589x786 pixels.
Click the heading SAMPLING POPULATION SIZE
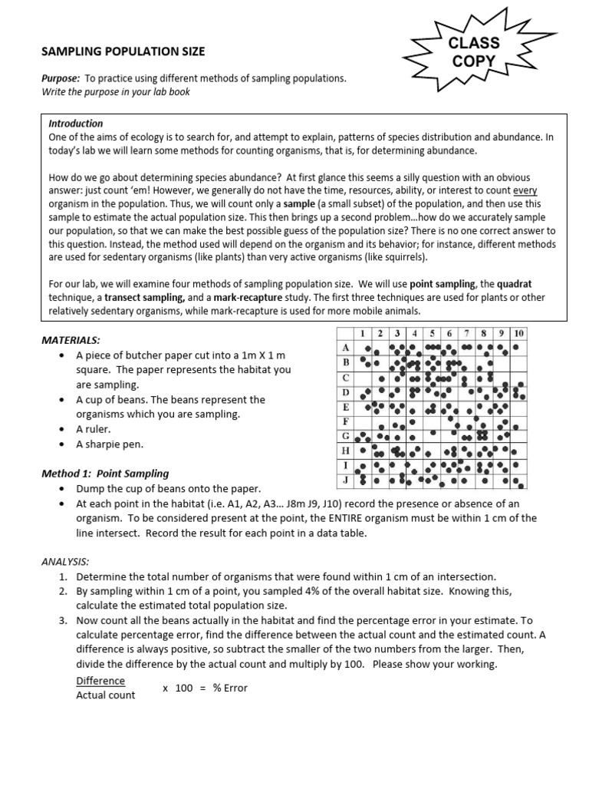123,51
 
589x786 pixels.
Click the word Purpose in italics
60,78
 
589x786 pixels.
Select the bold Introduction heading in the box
76,123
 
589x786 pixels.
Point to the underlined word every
525,190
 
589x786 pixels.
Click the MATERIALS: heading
71,340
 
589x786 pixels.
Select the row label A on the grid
346,348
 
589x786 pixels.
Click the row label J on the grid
346,480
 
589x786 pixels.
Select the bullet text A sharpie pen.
110,444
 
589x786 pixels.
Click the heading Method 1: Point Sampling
105,474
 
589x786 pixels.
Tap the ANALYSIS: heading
65,561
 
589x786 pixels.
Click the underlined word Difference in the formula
100,681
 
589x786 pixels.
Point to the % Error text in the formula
230,688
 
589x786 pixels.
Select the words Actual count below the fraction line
106,695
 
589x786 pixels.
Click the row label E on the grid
346,407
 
